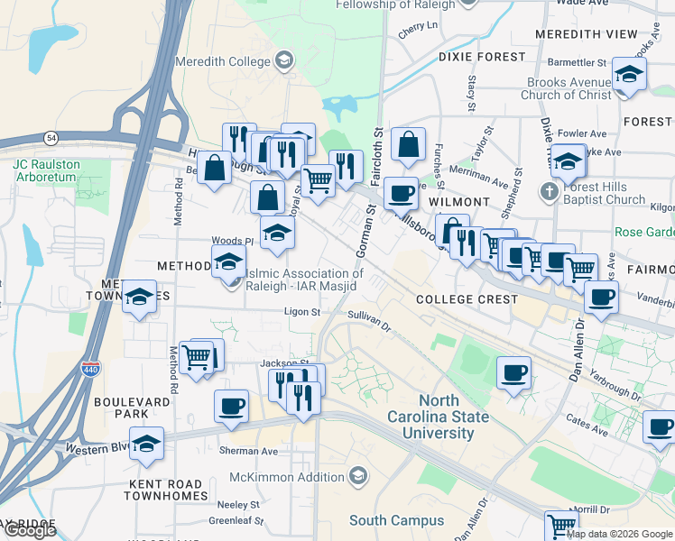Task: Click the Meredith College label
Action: tap(230, 61)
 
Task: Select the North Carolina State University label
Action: tap(438, 417)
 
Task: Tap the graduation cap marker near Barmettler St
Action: tap(628, 75)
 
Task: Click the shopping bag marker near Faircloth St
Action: tap(408, 144)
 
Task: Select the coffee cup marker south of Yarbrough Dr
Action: tap(659, 426)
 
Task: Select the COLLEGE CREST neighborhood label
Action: tap(467, 298)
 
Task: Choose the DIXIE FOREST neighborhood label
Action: tap(482, 56)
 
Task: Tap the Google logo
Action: tap(30, 530)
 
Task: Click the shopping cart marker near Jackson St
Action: tap(196, 356)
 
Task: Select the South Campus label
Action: tap(396, 520)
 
